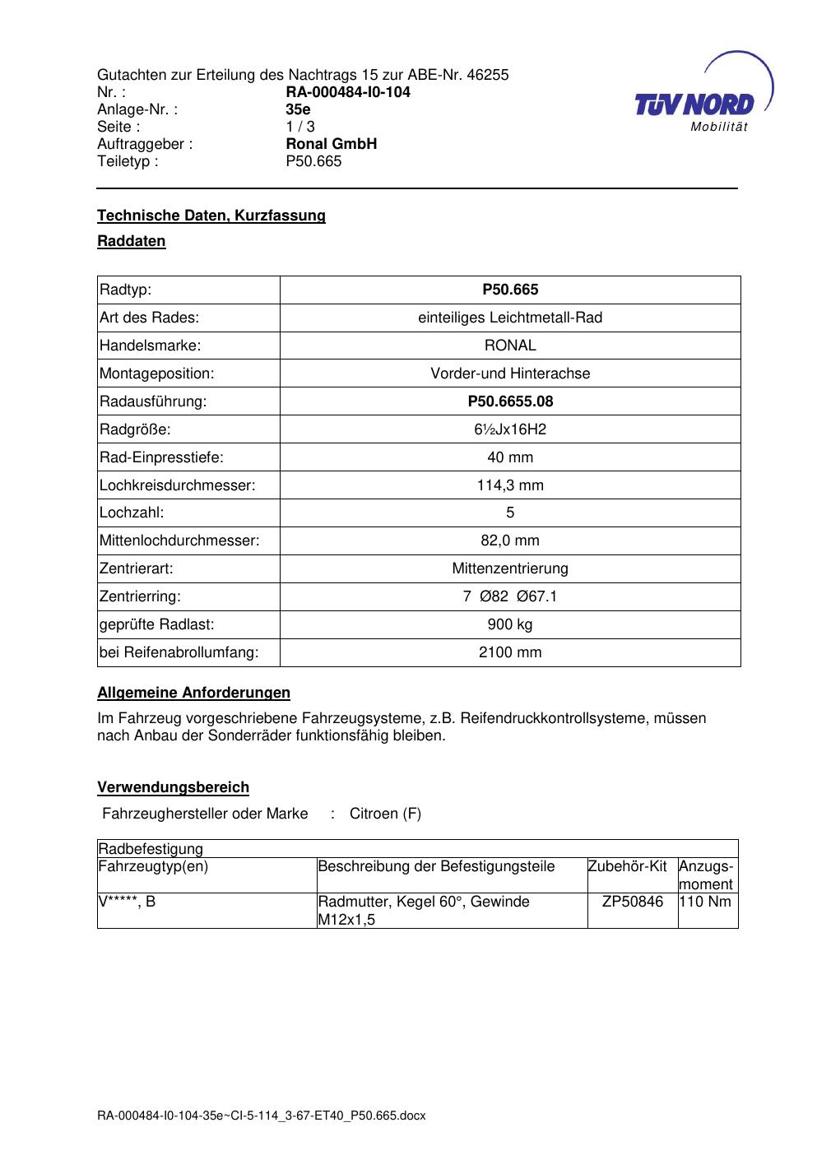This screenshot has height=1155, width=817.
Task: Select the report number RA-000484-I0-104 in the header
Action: point(348,92)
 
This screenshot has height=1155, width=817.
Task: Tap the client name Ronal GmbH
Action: point(331,144)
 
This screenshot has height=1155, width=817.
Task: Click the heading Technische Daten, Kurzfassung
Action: point(211,216)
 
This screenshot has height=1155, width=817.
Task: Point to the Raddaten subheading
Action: point(132,241)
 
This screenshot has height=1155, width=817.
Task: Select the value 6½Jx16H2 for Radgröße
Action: point(510,429)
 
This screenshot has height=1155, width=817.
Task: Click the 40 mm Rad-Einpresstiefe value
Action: point(510,457)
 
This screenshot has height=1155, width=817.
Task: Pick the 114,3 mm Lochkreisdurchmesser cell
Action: point(510,485)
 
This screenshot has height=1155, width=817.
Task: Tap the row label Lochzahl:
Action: point(132,513)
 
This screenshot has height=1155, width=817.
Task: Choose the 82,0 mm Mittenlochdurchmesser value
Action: point(510,541)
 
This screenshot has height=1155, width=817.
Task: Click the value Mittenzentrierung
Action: point(510,569)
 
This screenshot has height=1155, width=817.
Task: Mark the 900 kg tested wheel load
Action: point(510,625)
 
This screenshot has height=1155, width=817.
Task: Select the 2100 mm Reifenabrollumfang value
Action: point(510,653)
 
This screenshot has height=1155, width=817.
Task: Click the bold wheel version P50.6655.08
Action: point(510,401)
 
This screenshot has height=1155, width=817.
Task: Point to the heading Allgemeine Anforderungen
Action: point(193,693)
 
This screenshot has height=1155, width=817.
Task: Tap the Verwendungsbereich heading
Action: point(173,787)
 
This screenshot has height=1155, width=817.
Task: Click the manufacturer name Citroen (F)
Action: point(385,814)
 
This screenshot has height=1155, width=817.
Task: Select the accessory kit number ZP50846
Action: point(632,902)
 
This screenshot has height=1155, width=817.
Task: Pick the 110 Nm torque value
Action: point(706,902)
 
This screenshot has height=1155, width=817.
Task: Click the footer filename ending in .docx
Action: point(262,1116)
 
